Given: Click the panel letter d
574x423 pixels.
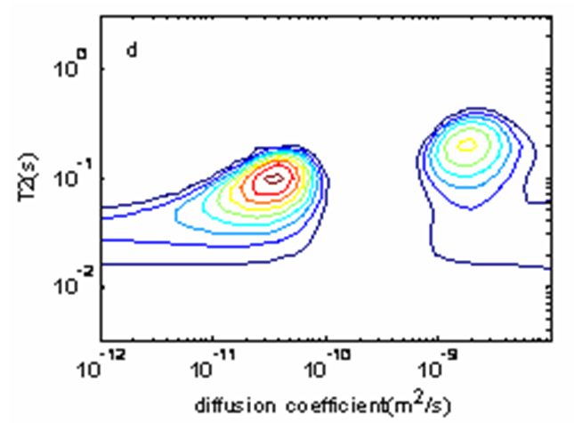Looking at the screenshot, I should tap(131, 51).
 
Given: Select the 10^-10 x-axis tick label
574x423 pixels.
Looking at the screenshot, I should tap(326, 366).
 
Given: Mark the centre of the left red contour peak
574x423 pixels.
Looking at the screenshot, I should tap(275, 178).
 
